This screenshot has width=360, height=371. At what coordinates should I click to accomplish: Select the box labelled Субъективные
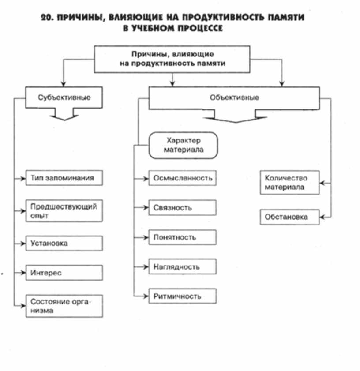click(64, 97)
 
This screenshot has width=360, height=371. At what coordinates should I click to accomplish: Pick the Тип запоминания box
click(64, 178)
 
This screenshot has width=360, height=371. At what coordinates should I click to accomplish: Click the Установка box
click(64, 243)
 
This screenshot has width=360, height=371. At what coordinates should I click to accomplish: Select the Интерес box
click(64, 272)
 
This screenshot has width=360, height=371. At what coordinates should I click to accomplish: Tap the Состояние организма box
click(64, 305)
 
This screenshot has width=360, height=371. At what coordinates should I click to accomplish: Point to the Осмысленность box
click(183, 178)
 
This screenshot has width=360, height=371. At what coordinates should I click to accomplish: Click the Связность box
click(183, 207)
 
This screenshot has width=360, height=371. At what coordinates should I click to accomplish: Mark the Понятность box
click(183, 237)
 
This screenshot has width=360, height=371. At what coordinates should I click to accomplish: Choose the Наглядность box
click(183, 267)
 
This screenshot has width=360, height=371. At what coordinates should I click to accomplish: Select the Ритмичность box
click(183, 296)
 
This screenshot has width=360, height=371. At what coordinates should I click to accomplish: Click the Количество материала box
click(289, 183)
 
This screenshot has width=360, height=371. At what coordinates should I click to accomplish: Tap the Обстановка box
click(289, 217)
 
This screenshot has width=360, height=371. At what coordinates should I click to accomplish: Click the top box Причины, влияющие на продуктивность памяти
click(172, 59)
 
